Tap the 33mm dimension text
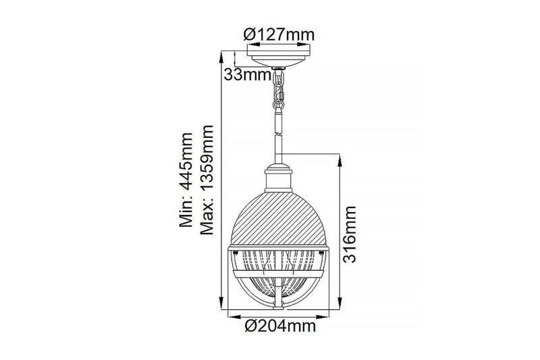point(247,75)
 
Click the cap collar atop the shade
point(277,179)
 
